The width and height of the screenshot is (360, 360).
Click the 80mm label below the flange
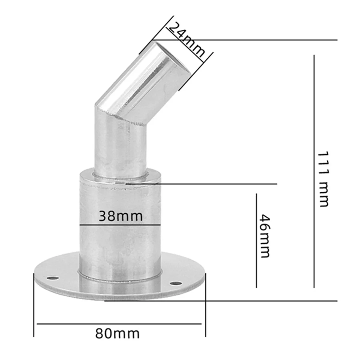coord(118,334)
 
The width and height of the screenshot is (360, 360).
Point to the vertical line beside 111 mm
coord(314,171)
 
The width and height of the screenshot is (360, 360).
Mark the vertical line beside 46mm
coord(257,240)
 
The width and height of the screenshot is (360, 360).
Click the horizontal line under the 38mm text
coord(120,225)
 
